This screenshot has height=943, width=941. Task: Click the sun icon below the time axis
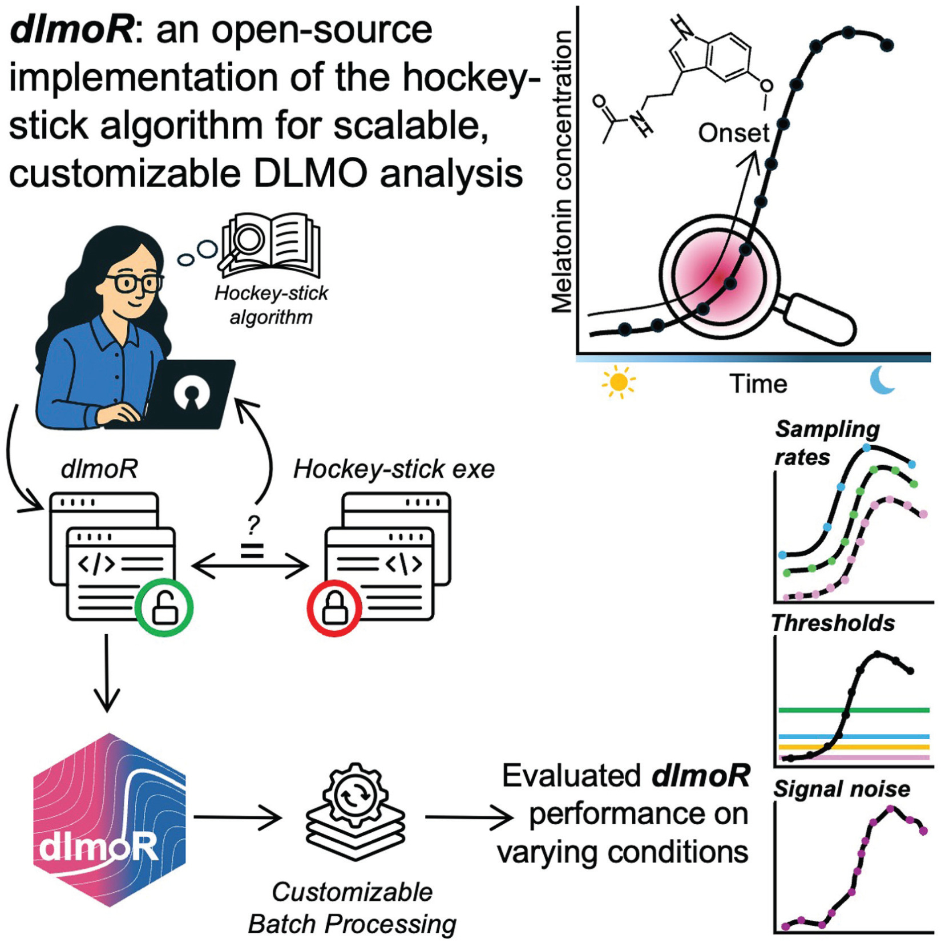point(619,382)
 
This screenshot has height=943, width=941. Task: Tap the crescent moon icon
point(882,381)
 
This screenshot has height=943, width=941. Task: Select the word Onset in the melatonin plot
point(734,133)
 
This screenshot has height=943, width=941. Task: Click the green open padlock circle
point(164,608)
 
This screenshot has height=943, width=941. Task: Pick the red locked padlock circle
point(334,608)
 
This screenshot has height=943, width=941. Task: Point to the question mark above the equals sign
point(253,524)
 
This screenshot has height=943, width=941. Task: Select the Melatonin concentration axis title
point(562,171)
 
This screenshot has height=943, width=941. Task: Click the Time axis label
point(758,384)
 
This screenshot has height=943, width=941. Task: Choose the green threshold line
point(854,710)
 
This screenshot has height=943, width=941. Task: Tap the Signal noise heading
point(842,789)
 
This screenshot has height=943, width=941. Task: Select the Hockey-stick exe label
point(394,469)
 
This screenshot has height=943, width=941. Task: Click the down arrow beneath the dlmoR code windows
point(107,674)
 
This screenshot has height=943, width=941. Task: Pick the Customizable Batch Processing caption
point(352,908)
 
